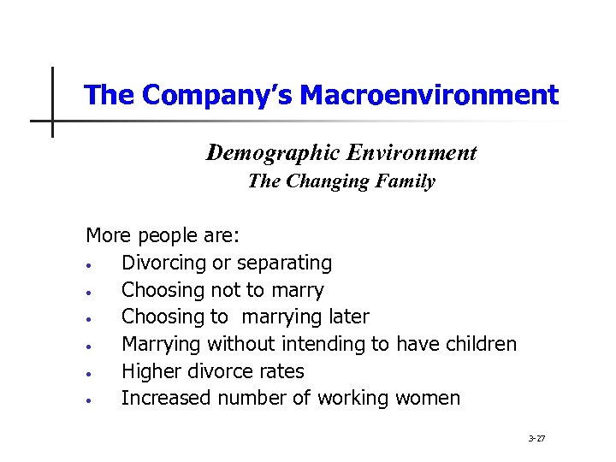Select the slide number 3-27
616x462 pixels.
point(536,439)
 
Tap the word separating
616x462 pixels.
point(284,263)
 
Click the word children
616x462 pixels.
point(479,344)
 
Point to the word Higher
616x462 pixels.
point(150,371)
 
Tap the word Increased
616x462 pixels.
point(166,399)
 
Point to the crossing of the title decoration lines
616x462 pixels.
point(52,121)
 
